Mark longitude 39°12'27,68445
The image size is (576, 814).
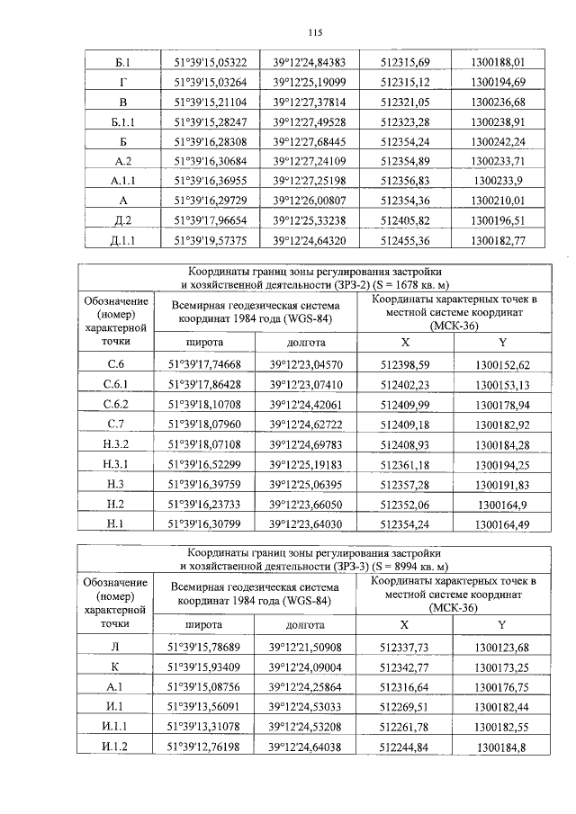coord(309,142)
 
